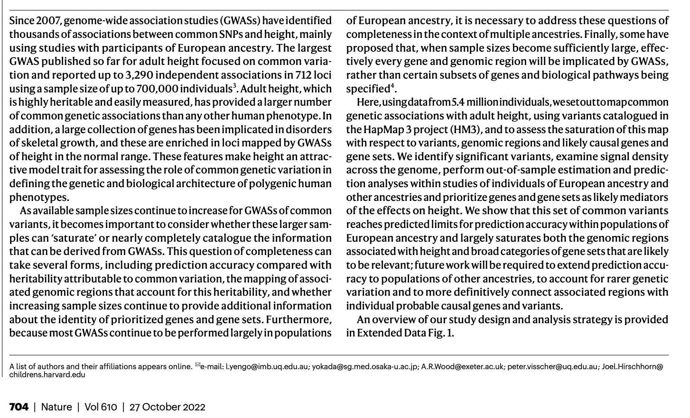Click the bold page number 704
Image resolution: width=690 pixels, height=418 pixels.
tap(19, 407)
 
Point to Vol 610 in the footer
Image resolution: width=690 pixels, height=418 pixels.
tap(100, 407)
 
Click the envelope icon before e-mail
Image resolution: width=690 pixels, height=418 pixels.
tap(197, 365)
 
